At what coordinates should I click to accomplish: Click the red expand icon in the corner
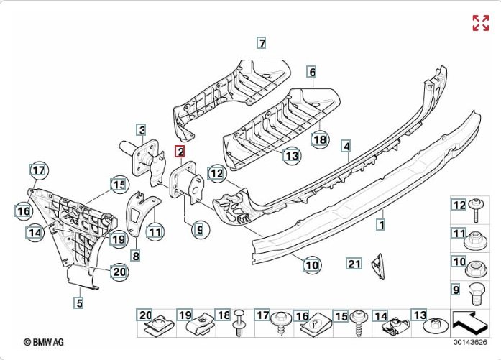point(480,23)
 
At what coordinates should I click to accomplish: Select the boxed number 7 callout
point(262,43)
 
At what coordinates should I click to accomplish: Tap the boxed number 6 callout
point(312,72)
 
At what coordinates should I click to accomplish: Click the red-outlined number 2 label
point(180,151)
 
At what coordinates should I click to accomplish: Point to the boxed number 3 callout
point(142,130)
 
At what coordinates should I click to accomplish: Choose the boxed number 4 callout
point(346,147)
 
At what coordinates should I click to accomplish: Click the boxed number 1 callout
point(381,224)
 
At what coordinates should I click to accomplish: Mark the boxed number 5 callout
point(79,303)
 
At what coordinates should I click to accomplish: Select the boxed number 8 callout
point(135,254)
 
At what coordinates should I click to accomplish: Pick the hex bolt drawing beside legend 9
point(476,290)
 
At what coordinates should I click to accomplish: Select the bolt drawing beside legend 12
point(477,209)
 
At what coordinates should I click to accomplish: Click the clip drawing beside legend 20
point(154,328)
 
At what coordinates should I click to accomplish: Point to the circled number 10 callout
point(311,265)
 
